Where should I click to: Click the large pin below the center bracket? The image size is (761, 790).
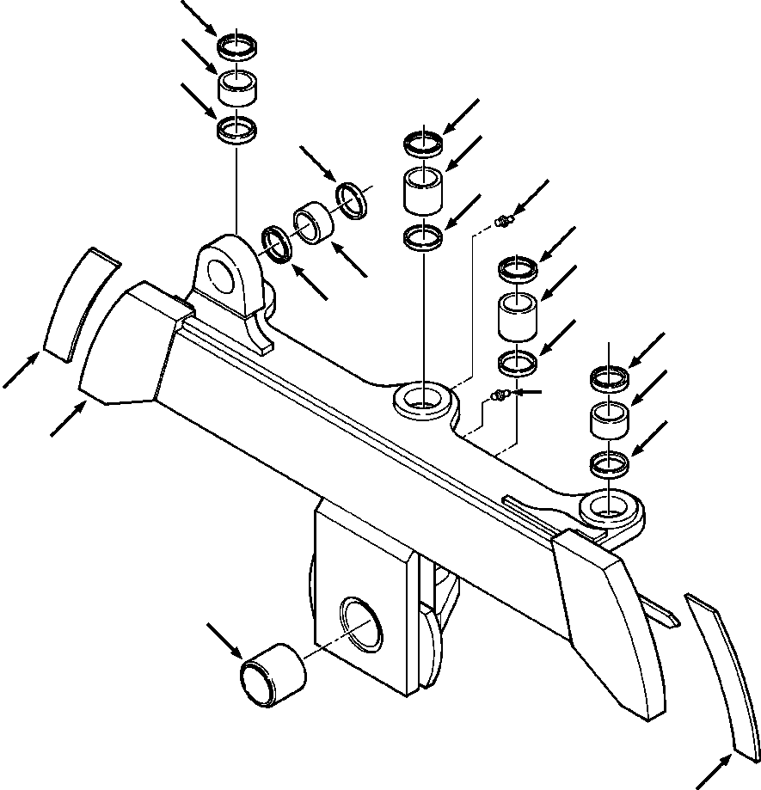pos(271,675)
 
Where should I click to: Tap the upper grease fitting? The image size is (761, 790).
pos(503,224)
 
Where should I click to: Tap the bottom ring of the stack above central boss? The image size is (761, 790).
pos(423,236)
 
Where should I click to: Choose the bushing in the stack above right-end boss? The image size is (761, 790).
pos(610,420)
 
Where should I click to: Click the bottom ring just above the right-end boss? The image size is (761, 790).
pos(610,464)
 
